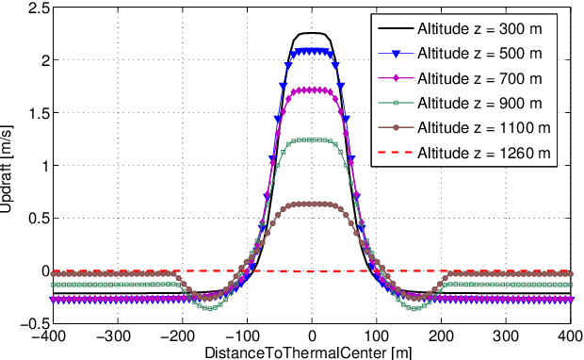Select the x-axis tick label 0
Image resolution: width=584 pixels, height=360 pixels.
[x=311, y=335]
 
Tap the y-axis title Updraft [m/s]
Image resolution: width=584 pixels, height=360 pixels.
[x=8, y=166]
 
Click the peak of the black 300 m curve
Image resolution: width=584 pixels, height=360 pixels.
[x=311, y=33]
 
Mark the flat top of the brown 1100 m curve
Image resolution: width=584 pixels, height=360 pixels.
[x=311, y=204]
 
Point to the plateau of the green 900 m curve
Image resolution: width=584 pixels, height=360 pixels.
[x=311, y=139]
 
